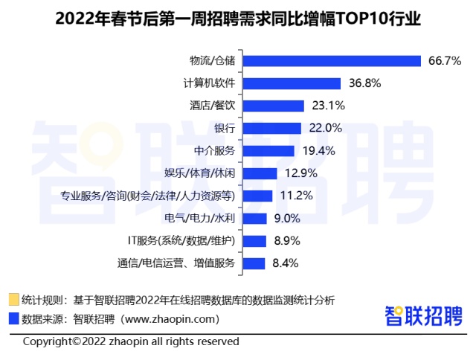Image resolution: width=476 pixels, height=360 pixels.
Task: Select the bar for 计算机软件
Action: point(292,83)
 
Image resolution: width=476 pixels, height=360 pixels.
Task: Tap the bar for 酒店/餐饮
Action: point(274,106)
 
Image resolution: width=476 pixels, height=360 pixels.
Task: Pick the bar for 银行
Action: point(272,128)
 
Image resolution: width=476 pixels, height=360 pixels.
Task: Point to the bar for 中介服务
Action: point(268,150)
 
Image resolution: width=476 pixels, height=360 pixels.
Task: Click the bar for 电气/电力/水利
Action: point(255,218)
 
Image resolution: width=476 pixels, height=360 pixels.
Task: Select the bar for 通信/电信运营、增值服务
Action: point(254,263)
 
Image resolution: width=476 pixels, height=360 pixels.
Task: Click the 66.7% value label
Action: point(444,61)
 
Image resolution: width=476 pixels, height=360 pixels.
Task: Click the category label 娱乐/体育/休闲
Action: point(200,173)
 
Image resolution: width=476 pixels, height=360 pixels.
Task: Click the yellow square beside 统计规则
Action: point(13,300)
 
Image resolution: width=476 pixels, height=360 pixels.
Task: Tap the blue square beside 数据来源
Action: point(13,319)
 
